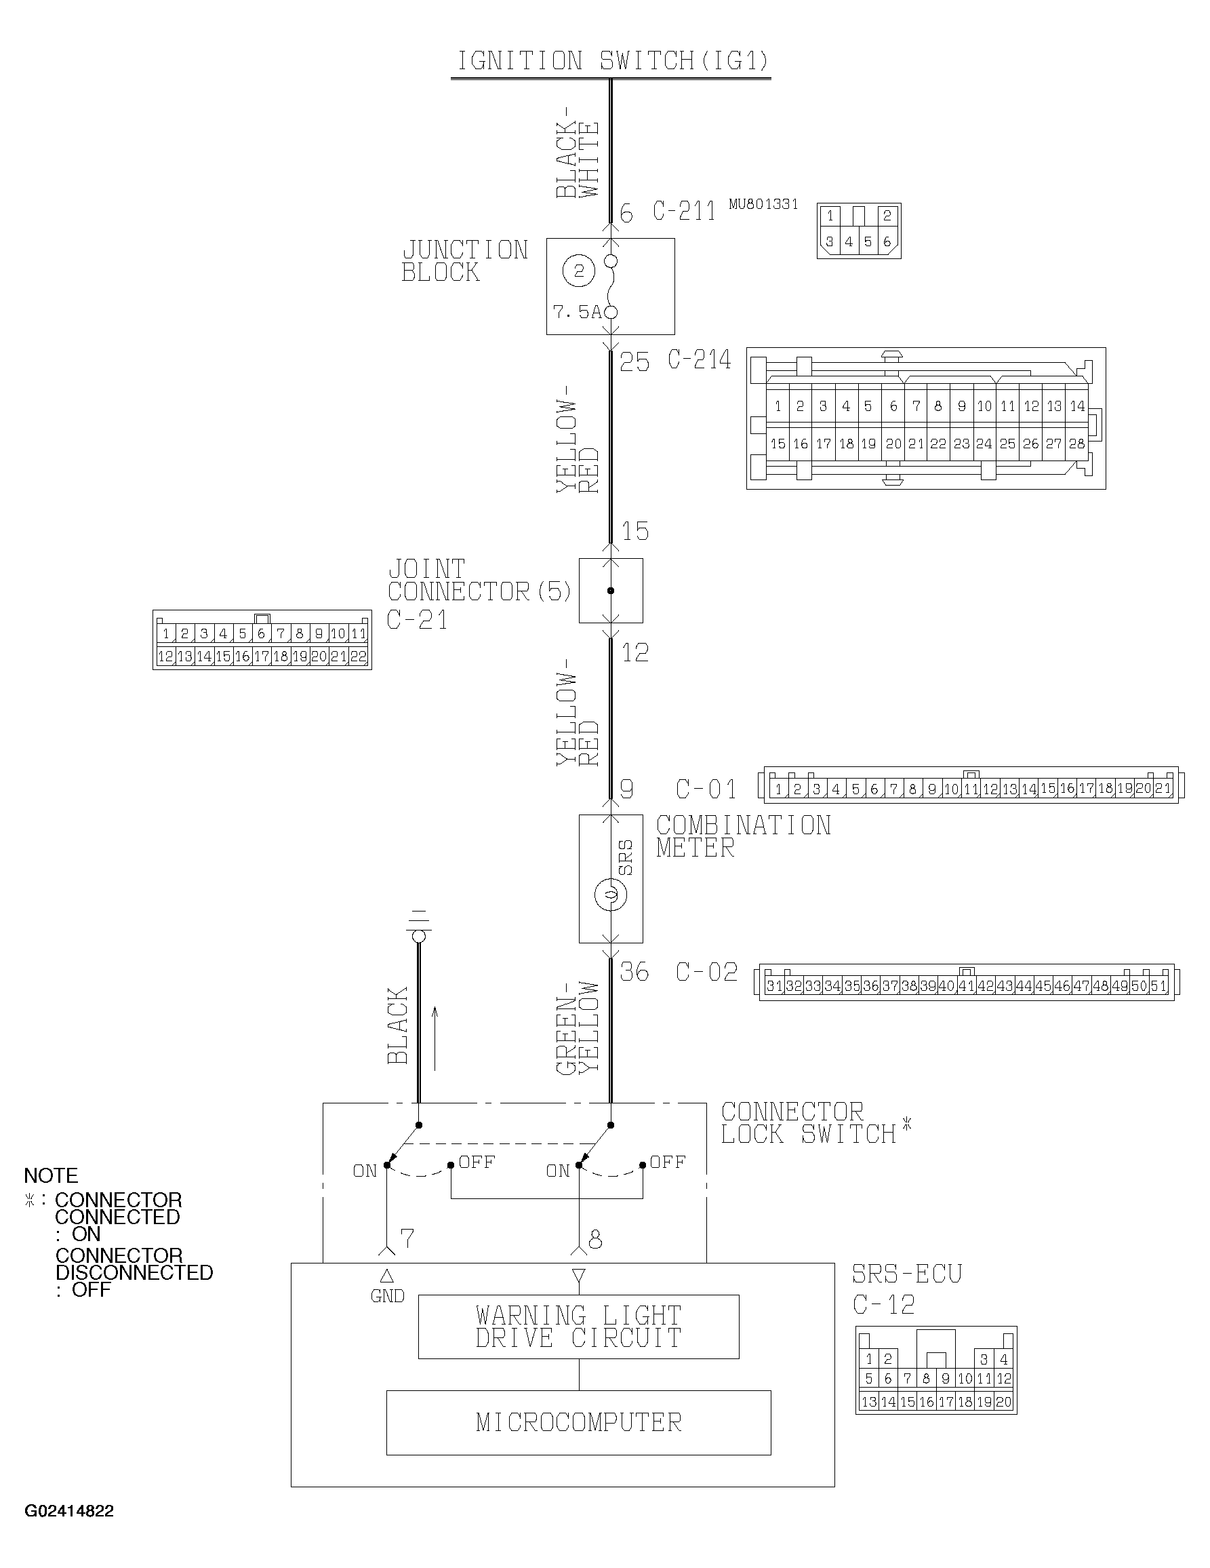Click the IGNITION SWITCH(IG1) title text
612,62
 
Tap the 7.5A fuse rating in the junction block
576,312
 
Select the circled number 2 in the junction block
579,271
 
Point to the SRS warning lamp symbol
611,895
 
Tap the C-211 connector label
684,211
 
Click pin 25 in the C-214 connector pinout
1007,444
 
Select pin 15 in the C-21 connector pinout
223,656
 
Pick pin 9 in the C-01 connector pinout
931,789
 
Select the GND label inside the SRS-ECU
388,1296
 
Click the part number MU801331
763,205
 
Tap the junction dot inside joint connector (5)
611,591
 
